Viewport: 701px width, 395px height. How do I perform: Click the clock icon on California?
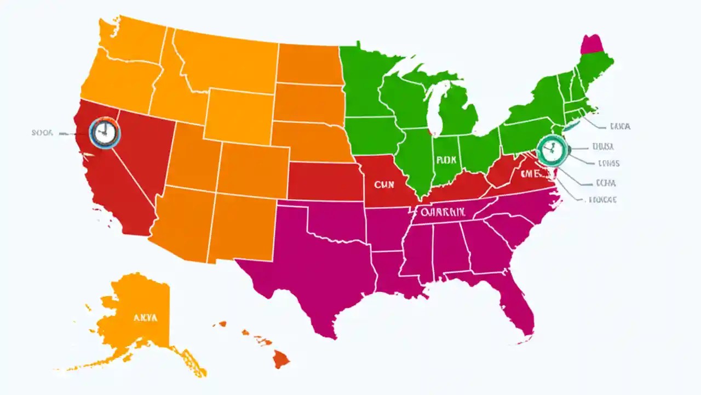pos(105,133)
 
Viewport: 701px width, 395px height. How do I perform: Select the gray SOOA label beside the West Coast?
pos(42,133)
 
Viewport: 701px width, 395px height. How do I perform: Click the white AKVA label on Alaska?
pos(145,317)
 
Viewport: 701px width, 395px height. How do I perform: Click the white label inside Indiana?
pos(446,161)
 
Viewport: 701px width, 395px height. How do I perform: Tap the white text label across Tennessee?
pos(443,211)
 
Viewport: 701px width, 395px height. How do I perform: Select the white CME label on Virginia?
pos(531,173)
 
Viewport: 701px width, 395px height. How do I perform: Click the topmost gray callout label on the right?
pos(619,126)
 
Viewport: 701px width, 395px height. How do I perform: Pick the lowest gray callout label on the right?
pos(602,200)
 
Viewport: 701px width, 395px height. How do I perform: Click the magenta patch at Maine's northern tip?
pos(592,44)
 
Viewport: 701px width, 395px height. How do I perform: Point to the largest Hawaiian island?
pos(281,359)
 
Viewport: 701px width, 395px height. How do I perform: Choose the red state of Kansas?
pos(323,181)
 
